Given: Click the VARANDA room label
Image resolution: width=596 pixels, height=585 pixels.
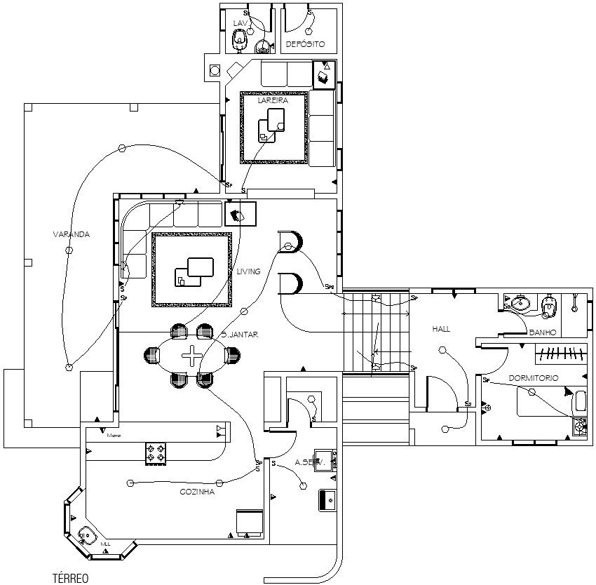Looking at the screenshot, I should (x=71, y=234).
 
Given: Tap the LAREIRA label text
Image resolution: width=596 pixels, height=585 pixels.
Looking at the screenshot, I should (x=273, y=101).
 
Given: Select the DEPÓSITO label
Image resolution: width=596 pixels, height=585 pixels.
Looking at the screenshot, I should (x=305, y=44).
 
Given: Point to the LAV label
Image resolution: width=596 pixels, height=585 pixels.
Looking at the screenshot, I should (x=241, y=23).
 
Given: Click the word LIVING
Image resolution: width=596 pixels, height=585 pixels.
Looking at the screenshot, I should (x=248, y=271).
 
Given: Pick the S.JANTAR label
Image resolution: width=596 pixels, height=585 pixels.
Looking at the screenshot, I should (x=240, y=335).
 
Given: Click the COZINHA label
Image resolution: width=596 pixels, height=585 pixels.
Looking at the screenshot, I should (x=197, y=492).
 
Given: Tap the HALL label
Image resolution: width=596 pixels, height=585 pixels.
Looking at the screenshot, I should (x=441, y=328).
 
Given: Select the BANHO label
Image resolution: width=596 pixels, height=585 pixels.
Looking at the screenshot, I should (x=543, y=332).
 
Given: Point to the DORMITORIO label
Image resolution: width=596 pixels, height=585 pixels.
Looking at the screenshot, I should (x=534, y=378).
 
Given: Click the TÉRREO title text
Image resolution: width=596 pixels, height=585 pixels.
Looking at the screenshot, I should (x=70, y=578).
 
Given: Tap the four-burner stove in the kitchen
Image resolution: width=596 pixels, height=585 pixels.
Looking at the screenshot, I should (x=156, y=452).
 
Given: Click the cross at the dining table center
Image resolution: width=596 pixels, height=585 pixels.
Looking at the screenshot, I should (x=191, y=356).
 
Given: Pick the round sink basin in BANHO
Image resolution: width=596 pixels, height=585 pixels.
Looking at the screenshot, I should (x=519, y=304).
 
